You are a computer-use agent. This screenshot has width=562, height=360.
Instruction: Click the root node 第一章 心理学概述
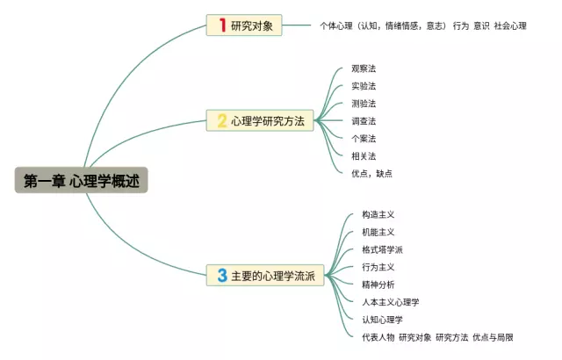[x=81, y=181]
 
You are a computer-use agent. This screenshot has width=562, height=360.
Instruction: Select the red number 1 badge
[x=221, y=25]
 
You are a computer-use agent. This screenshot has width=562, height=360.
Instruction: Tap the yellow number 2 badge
[x=222, y=121]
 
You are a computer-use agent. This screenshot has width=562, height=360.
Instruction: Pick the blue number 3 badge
[x=222, y=276]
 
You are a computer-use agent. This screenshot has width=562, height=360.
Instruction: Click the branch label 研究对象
[x=252, y=26]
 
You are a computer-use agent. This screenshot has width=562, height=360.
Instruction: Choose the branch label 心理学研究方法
[x=268, y=122]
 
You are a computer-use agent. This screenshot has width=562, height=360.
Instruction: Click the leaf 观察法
[x=364, y=68]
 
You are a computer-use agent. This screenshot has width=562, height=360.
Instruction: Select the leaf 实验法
[x=364, y=86]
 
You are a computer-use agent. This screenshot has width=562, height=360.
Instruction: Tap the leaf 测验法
[x=364, y=104]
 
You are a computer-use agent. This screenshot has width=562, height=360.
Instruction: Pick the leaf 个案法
[x=364, y=139]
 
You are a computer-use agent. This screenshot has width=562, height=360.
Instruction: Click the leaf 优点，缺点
[x=371, y=173]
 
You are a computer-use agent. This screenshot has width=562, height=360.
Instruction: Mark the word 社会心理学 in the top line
[x=510, y=26]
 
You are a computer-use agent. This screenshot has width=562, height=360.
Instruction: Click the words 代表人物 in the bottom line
[x=365, y=337]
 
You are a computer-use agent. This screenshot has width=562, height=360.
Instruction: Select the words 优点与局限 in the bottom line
[x=493, y=337]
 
